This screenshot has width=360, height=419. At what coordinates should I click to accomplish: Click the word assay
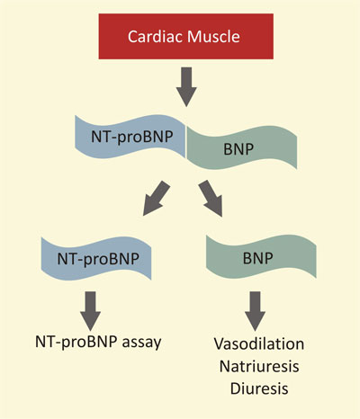click(x=139, y=343)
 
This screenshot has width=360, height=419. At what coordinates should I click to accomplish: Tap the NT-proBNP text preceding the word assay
click(x=76, y=343)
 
